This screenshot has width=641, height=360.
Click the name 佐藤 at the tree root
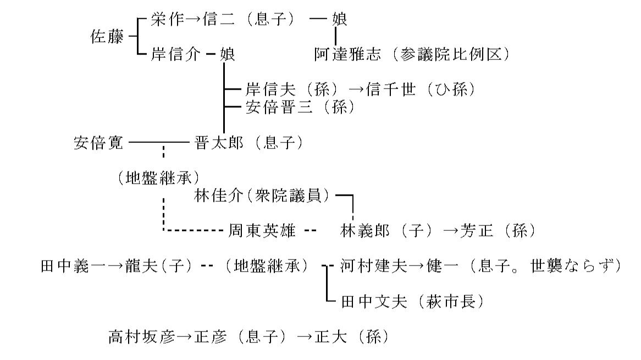(107, 37)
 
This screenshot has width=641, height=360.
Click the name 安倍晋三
(273, 107)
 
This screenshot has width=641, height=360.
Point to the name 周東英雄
(261, 231)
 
